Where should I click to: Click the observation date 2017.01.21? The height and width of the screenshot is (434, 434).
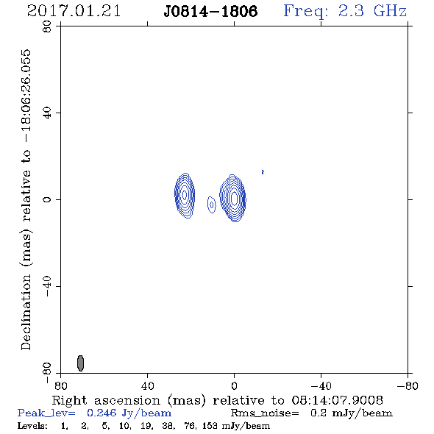click(74, 11)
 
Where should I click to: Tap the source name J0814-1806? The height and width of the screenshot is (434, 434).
click(210, 11)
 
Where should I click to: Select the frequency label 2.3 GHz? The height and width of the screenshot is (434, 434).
click(372, 11)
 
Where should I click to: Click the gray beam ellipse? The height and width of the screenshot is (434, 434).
click(80, 363)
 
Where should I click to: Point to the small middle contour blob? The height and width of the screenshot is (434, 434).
click(211, 204)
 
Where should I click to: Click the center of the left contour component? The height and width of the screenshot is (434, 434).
click(185, 195)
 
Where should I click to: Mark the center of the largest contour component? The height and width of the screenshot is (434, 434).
click(233, 198)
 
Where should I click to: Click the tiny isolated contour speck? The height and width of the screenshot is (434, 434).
click(263, 172)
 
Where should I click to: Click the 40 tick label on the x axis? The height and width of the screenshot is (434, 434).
click(147, 386)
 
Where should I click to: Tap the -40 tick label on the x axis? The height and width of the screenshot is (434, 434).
click(321, 386)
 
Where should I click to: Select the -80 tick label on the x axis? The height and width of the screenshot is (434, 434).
click(408, 386)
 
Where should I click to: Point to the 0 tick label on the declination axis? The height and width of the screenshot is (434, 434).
click(47, 199)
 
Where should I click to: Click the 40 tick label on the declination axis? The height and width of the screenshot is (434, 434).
click(47, 113)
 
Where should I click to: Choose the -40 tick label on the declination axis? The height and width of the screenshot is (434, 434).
click(47, 286)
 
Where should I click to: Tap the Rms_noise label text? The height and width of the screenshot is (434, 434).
click(265, 413)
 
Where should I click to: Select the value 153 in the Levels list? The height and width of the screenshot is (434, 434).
click(210, 425)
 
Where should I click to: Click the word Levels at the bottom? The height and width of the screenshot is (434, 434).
click(32, 425)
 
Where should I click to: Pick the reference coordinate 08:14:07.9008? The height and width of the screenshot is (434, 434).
click(338, 400)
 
